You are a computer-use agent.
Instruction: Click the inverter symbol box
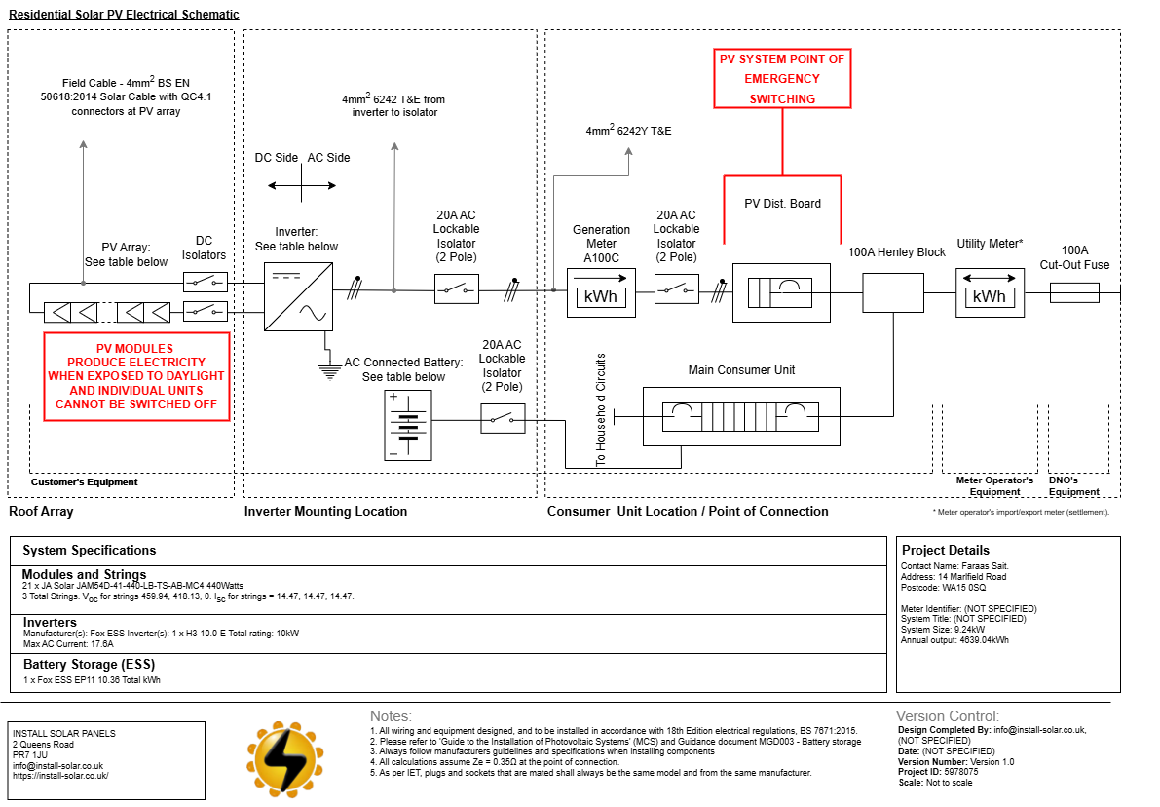[298, 297]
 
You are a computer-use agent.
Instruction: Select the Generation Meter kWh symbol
[601, 292]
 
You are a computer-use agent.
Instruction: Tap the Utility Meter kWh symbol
[990, 292]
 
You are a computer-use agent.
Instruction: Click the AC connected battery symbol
[408, 426]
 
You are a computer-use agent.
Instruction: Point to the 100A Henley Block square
[893, 292]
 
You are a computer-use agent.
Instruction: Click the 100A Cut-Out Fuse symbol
[1074, 293]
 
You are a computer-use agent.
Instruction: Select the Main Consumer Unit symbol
[741, 417]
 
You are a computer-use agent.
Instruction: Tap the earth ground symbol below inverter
[329, 371]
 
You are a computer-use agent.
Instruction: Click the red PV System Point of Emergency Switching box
[782, 79]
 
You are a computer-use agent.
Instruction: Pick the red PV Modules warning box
[136, 377]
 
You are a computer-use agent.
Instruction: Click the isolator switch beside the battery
[504, 419]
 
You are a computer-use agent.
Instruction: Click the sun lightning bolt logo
[284, 759]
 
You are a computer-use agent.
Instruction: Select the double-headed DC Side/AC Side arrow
[302, 185]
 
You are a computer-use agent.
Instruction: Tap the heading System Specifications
[90, 550]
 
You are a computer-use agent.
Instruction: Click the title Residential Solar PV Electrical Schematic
[124, 14]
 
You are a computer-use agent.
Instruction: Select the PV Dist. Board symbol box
[781, 292]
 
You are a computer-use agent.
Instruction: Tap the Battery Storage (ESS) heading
[89, 664]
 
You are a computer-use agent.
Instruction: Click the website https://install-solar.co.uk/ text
[60, 776]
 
